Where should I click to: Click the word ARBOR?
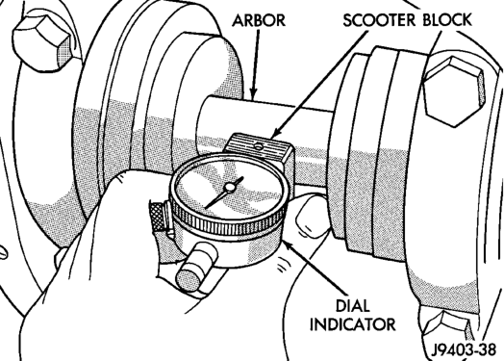click(x=259, y=20)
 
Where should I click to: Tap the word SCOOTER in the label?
click(x=380, y=20)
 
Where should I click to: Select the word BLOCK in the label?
click(x=447, y=19)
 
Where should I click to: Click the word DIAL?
click(x=353, y=306)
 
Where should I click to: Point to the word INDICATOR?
click(x=353, y=324)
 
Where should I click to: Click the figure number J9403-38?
click(x=464, y=349)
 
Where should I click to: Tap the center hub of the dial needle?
click(x=230, y=188)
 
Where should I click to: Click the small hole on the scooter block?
click(x=258, y=146)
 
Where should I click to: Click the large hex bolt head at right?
click(x=454, y=91)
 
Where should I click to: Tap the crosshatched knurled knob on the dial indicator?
click(x=157, y=217)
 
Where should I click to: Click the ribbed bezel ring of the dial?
click(x=228, y=221)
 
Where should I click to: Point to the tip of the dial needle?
click(x=206, y=208)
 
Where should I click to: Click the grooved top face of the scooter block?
click(x=256, y=145)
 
